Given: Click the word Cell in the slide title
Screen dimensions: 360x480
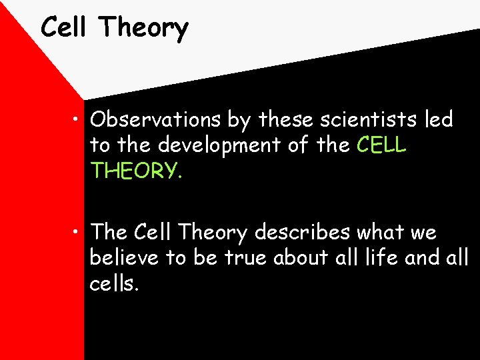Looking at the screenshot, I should click(65, 27).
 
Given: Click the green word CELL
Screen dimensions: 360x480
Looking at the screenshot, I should click(381, 145).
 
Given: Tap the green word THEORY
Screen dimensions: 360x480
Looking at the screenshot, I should click(136, 171).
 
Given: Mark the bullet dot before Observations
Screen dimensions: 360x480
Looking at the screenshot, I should click(79, 121).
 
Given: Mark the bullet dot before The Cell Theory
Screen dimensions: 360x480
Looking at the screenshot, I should click(79, 233).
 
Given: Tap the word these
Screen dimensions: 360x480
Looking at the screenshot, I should click(289, 120).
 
